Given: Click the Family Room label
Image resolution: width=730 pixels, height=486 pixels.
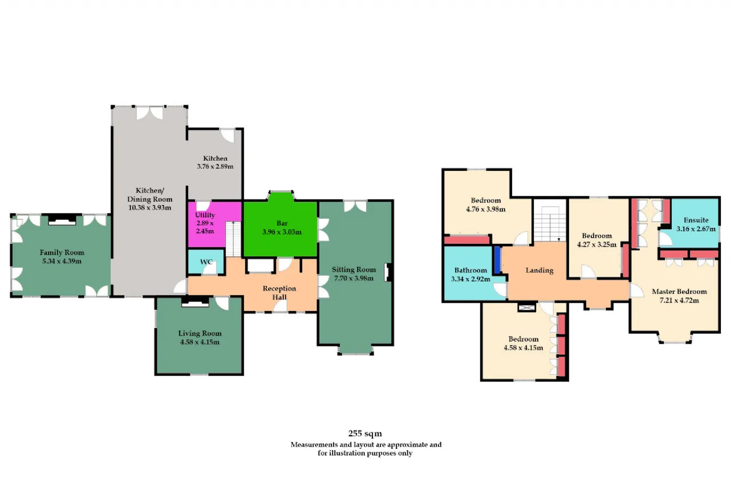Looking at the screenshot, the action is coord(62,252).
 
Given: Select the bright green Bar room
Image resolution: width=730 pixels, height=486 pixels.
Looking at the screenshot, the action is coord(281,228).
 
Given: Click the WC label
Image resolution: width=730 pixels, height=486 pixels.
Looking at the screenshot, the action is coord(206,262).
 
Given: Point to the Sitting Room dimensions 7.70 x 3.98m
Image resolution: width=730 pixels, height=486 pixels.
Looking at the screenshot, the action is coord(354,278).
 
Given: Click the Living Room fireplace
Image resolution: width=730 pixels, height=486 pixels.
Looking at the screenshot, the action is coord(195,302).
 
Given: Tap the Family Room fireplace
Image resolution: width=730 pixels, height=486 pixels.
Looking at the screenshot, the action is coord(62,220).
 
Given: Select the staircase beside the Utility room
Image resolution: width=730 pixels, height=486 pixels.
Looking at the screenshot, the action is coord(233,239).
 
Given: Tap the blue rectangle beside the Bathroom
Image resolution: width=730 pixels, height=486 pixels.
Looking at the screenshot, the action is coord(498,260).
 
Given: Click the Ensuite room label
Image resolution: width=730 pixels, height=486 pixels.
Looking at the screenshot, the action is coord(696,220).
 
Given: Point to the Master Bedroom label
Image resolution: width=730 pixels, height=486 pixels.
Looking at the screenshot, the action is coord(679,292).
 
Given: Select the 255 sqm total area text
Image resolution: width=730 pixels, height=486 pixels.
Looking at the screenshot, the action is coord(365,433).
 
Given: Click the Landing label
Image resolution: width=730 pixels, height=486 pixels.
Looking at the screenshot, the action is coord(540,270).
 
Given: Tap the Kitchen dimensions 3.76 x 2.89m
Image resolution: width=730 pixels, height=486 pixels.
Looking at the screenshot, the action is coord(215,166).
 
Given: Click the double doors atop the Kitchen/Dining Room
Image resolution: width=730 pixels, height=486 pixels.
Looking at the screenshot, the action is coord(149,113).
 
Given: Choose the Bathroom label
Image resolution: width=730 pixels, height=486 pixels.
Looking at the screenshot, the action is coord(471,270).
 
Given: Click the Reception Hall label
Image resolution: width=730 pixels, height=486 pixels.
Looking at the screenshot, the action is coord(279,293).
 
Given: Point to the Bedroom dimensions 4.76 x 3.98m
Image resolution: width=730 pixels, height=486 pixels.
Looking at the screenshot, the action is coord(485,209).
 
